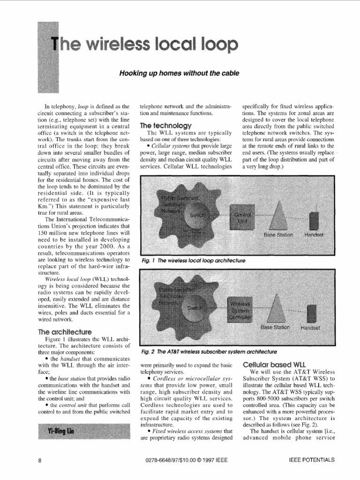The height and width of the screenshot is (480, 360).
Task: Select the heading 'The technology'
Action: [166, 126]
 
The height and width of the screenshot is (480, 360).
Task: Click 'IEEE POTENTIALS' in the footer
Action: [312, 460]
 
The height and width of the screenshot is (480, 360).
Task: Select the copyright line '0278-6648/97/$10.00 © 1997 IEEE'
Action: [187, 460]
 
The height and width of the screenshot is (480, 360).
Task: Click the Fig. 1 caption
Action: [193, 260]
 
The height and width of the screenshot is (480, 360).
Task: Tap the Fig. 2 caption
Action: [209, 351]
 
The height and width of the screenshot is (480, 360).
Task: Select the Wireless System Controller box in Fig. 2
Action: [240, 309]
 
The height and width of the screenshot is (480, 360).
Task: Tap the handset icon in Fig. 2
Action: [311, 313]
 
